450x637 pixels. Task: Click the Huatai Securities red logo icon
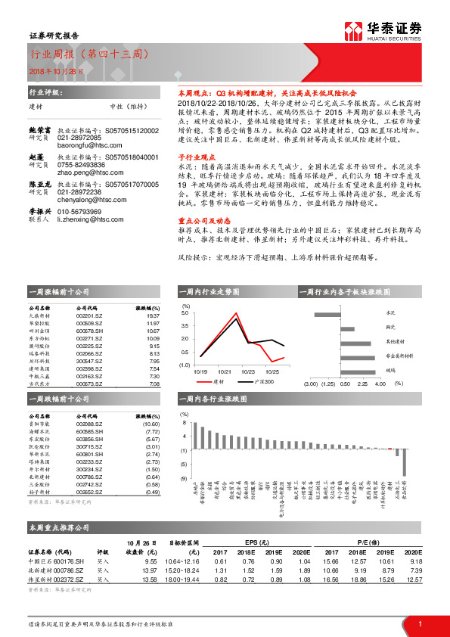[352, 30]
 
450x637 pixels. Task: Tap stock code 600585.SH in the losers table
[88, 432]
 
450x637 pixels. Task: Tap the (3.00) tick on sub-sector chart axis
[310, 384]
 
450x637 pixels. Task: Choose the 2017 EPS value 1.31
[222, 570]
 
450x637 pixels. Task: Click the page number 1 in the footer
[420, 622]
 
